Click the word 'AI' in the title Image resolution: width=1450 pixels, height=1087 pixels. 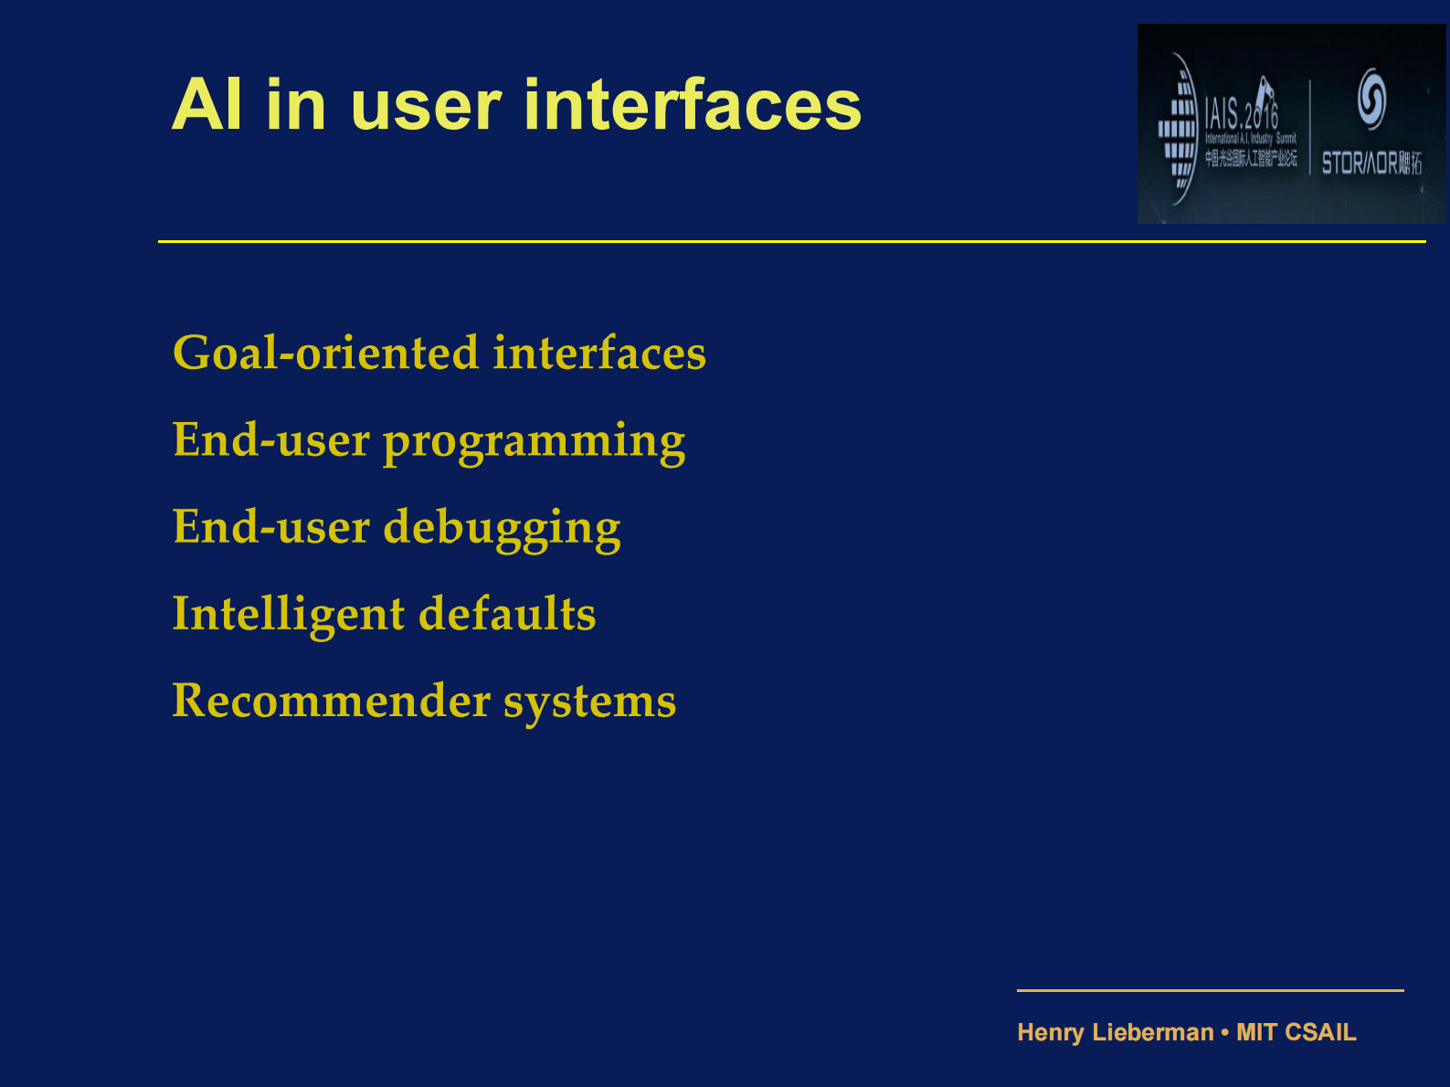pos(207,105)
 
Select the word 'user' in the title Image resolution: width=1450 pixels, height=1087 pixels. pos(426,105)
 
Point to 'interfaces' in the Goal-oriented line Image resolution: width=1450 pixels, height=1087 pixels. pos(599,354)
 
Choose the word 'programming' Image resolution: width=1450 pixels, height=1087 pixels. pos(534,442)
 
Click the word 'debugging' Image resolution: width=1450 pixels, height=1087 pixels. pos(502,529)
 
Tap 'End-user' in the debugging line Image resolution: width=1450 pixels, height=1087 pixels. pos(270,528)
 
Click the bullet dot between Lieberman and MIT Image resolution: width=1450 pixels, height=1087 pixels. pos(1225,1033)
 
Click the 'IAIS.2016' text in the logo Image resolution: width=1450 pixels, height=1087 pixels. pos(1241,113)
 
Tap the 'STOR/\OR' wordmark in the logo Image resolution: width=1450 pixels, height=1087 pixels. pos(1360,164)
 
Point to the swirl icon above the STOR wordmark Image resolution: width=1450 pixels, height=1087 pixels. pos(1371,98)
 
